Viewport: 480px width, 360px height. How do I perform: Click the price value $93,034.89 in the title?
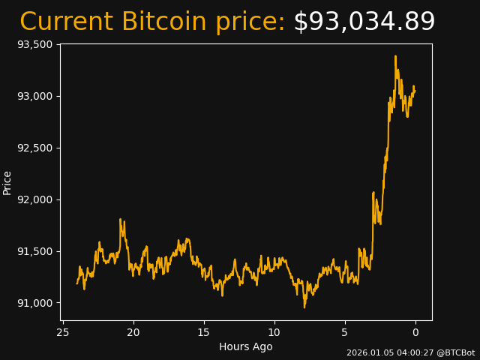point(364,22)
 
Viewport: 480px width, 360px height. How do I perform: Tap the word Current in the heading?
point(67,22)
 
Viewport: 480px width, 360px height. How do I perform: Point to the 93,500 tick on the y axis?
point(34,44)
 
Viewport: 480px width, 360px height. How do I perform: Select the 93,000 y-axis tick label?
point(34,96)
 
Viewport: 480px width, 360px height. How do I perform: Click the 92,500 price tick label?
point(34,148)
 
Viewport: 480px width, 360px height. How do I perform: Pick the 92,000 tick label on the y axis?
point(34,199)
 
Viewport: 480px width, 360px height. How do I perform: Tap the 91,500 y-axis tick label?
point(34,251)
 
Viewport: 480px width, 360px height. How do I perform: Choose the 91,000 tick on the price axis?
point(34,303)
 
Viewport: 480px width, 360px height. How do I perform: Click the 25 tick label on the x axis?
point(63,332)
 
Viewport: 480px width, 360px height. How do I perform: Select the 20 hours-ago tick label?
point(133,332)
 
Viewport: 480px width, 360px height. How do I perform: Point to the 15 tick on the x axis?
point(204,332)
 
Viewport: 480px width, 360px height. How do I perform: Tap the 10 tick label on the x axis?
point(274,332)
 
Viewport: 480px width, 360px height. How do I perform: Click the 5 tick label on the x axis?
point(345,332)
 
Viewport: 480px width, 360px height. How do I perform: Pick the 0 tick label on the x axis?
point(415,332)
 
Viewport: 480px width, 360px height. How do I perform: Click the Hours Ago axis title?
point(245,346)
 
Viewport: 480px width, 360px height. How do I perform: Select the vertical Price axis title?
point(7,182)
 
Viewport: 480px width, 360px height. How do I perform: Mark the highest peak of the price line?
point(395,56)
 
